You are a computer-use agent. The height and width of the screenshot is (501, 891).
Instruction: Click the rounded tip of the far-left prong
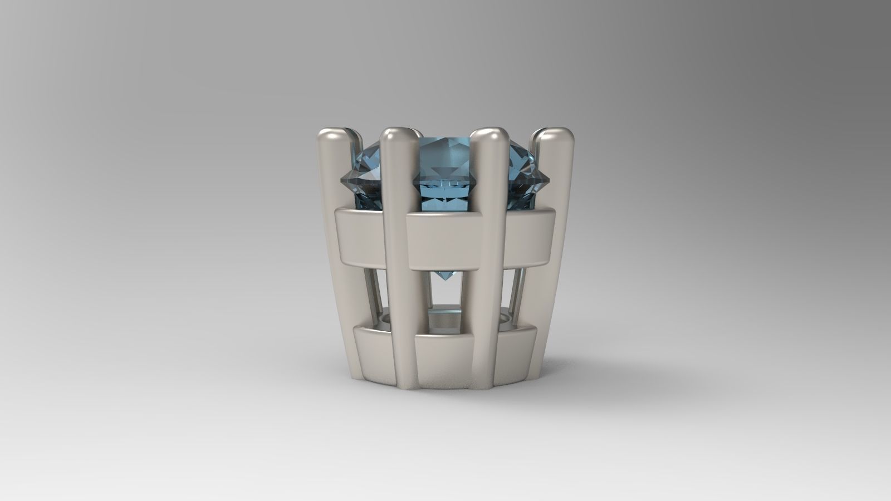coord(333,136)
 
